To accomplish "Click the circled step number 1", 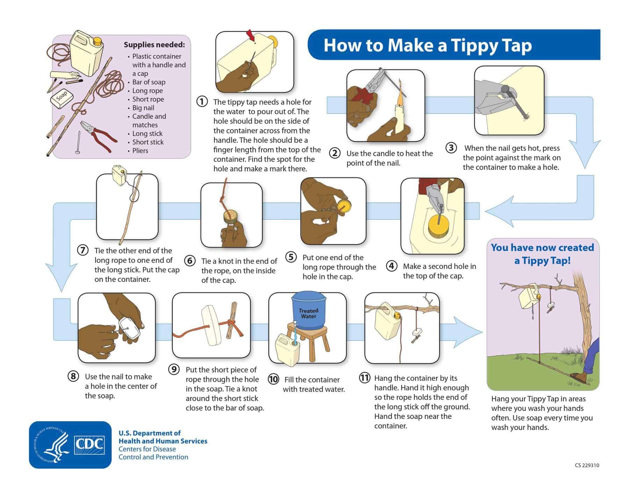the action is click(x=202, y=102).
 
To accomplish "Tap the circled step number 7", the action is click(x=82, y=251).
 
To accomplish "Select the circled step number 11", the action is click(x=364, y=378).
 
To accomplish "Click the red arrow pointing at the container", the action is click(x=251, y=36).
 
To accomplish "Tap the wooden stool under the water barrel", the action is click(x=309, y=341).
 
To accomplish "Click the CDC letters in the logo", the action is click(x=89, y=444).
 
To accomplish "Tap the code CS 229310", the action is click(x=587, y=465).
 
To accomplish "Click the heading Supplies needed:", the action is click(x=154, y=45).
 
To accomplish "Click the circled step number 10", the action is click(x=273, y=379).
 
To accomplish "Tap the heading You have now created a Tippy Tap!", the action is click(x=542, y=254).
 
